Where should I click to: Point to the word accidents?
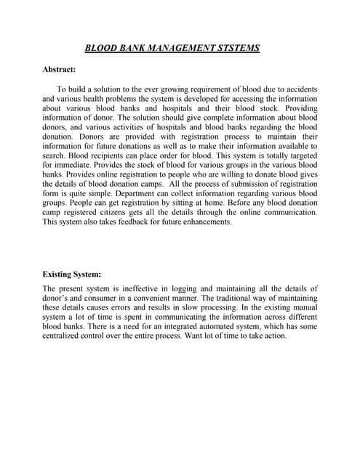pyautogui.click(x=297, y=89)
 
